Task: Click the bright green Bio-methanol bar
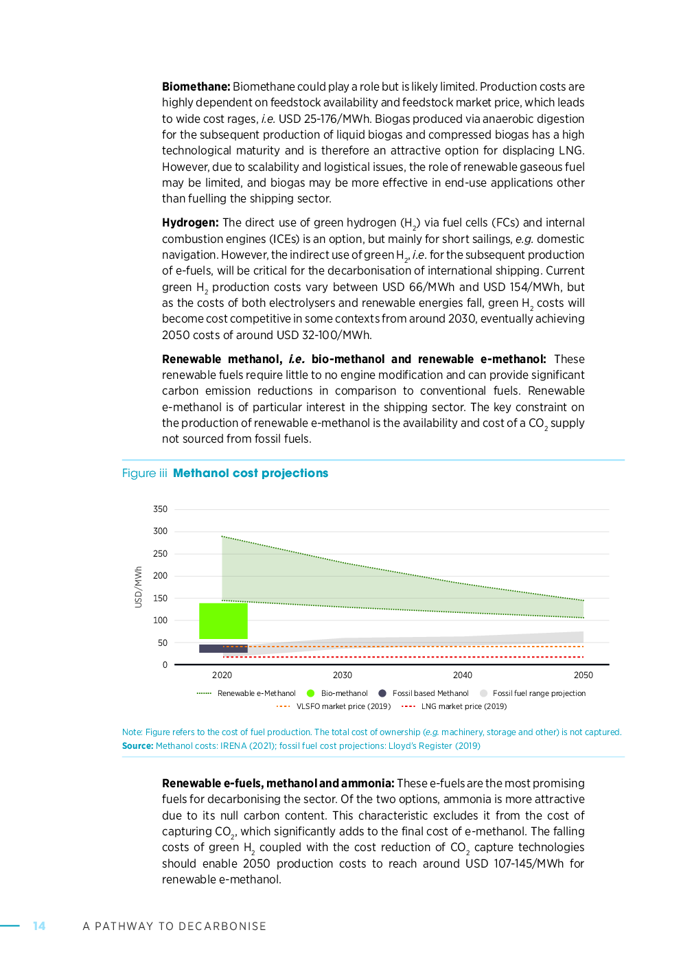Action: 223,620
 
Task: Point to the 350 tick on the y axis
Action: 160,509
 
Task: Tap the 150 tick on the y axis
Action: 160,599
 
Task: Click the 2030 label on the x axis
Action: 342,675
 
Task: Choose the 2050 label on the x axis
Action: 583,675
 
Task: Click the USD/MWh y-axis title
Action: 138,587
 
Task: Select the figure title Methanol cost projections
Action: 251,473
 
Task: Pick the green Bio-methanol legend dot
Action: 311,693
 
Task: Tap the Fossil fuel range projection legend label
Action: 539,693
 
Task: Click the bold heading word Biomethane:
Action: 196,86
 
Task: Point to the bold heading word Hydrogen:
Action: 190,222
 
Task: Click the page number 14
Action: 39,926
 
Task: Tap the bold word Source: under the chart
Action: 137,746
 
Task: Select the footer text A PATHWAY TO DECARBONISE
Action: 174,927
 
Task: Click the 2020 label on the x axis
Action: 222,675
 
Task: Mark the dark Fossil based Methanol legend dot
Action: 382,693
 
